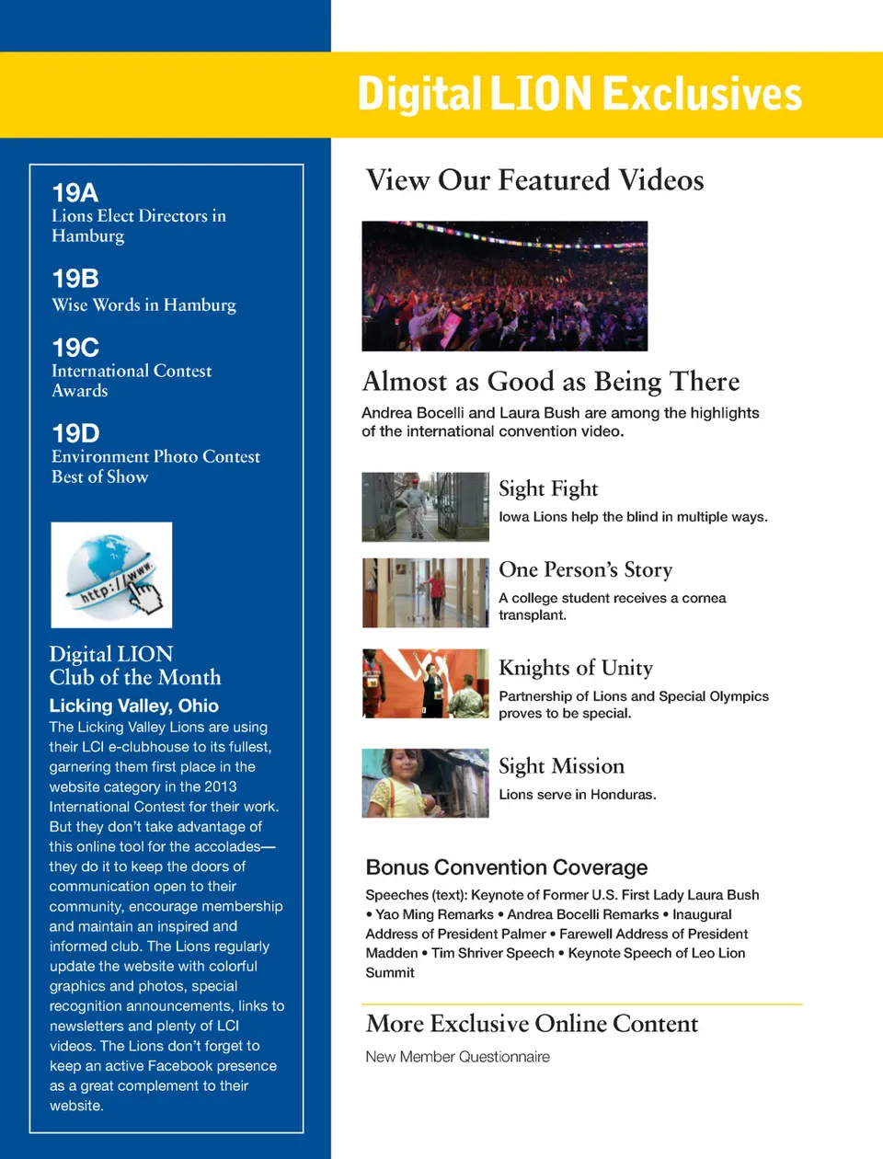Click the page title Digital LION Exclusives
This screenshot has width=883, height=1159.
[579, 95]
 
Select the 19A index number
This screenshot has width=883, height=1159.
[75, 193]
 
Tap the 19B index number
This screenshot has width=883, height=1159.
[75, 279]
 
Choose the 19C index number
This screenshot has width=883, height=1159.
[75, 348]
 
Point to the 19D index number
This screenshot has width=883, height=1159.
[75, 433]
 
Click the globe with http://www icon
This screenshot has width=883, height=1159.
[111, 575]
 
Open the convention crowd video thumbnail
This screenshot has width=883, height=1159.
[504, 286]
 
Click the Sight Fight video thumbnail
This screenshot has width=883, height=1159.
[425, 507]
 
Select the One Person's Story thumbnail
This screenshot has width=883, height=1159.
[425, 592]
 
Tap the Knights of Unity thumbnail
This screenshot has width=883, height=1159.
[425, 683]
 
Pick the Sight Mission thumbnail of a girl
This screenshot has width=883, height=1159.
[425, 783]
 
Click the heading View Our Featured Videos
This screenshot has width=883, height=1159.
[534, 180]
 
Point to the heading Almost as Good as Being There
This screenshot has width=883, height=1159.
[551, 382]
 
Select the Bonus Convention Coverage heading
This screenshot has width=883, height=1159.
[507, 867]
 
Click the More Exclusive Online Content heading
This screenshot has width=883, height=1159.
[532, 1024]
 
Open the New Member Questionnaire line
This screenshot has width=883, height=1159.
[457, 1057]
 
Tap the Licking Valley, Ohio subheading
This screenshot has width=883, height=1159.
[134, 706]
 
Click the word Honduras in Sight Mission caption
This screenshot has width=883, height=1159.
[622, 795]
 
